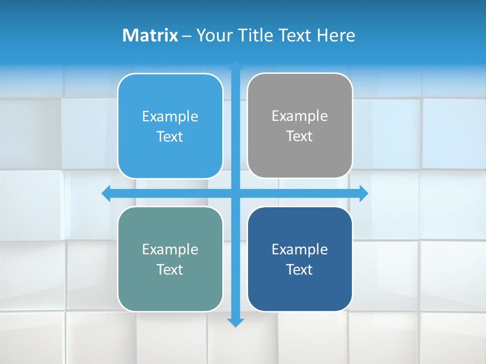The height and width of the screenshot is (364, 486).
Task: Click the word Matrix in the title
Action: click(x=150, y=35)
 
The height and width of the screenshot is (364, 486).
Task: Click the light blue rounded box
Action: click(x=170, y=126)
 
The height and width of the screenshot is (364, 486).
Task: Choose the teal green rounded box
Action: click(x=170, y=259)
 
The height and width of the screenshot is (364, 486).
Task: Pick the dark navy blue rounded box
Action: click(x=300, y=259)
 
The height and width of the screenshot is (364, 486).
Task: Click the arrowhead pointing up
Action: click(x=235, y=66)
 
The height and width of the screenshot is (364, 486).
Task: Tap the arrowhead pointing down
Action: click(x=235, y=323)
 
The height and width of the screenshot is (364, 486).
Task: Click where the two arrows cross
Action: click(x=235, y=193)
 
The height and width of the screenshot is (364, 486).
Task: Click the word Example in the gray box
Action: click(x=300, y=116)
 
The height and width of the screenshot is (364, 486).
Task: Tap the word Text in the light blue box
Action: click(x=170, y=136)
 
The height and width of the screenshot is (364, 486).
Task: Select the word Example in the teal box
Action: click(x=170, y=249)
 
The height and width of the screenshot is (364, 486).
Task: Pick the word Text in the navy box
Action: click(x=300, y=269)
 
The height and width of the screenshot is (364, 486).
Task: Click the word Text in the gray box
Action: click(x=300, y=136)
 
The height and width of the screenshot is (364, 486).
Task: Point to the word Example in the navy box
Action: click(x=300, y=249)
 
